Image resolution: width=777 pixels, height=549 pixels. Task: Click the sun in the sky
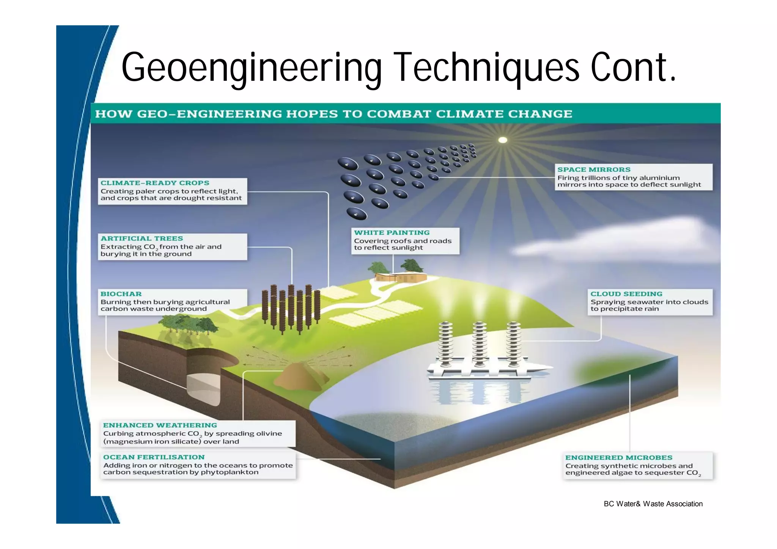pyautogui.click(x=503, y=140)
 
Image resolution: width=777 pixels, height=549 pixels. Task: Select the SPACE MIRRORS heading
pyautogui.click(x=594, y=169)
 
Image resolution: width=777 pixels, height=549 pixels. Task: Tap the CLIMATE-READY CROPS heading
pyautogui.click(x=155, y=183)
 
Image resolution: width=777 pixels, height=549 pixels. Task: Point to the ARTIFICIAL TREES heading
pyautogui.click(x=142, y=238)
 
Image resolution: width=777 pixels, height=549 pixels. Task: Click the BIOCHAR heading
pyautogui.click(x=121, y=294)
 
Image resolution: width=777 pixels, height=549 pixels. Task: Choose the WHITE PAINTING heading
pyautogui.click(x=392, y=232)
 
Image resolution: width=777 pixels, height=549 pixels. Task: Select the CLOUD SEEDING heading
pyautogui.click(x=626, y=294)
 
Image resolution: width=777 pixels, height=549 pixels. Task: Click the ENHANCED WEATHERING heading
pyautogui.click(x=160, y=425)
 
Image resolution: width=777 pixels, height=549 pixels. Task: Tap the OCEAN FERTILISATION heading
pyautogui.click(x=154, y=457)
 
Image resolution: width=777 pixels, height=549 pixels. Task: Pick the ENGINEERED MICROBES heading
pyautogui.click(x=618, y=458)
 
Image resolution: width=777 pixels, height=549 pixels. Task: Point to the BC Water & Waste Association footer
pyautogui.click(x=653, y=504)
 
